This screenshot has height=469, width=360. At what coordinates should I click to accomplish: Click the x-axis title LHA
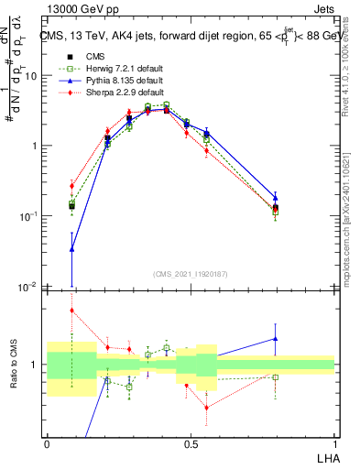pos(326,457)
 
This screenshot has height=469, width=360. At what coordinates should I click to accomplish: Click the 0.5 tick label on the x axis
pos(190,442)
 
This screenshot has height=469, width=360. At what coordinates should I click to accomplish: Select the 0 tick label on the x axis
pos(47,442)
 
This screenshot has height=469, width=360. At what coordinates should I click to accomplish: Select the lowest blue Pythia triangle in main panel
pos(72,248)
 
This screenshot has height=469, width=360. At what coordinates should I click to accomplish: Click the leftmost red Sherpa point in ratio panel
pos(72,311)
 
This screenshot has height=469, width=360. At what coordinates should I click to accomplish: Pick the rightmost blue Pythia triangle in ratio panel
pos(275,338)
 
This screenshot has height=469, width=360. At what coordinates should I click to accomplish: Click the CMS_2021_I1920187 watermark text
pos(191,273)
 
